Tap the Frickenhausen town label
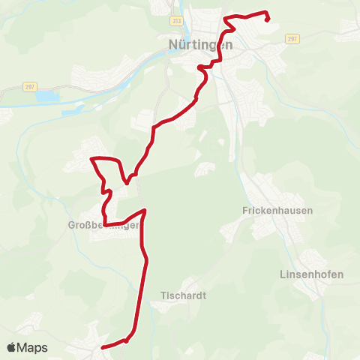click(x=277, y=211)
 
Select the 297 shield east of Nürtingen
click(x=292, y=38)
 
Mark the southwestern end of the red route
click(x=101, y=347)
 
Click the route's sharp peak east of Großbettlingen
click(x=144, y=211)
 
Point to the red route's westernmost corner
click(x=91, y=159)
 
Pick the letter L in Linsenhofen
click(x=282, y=274)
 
